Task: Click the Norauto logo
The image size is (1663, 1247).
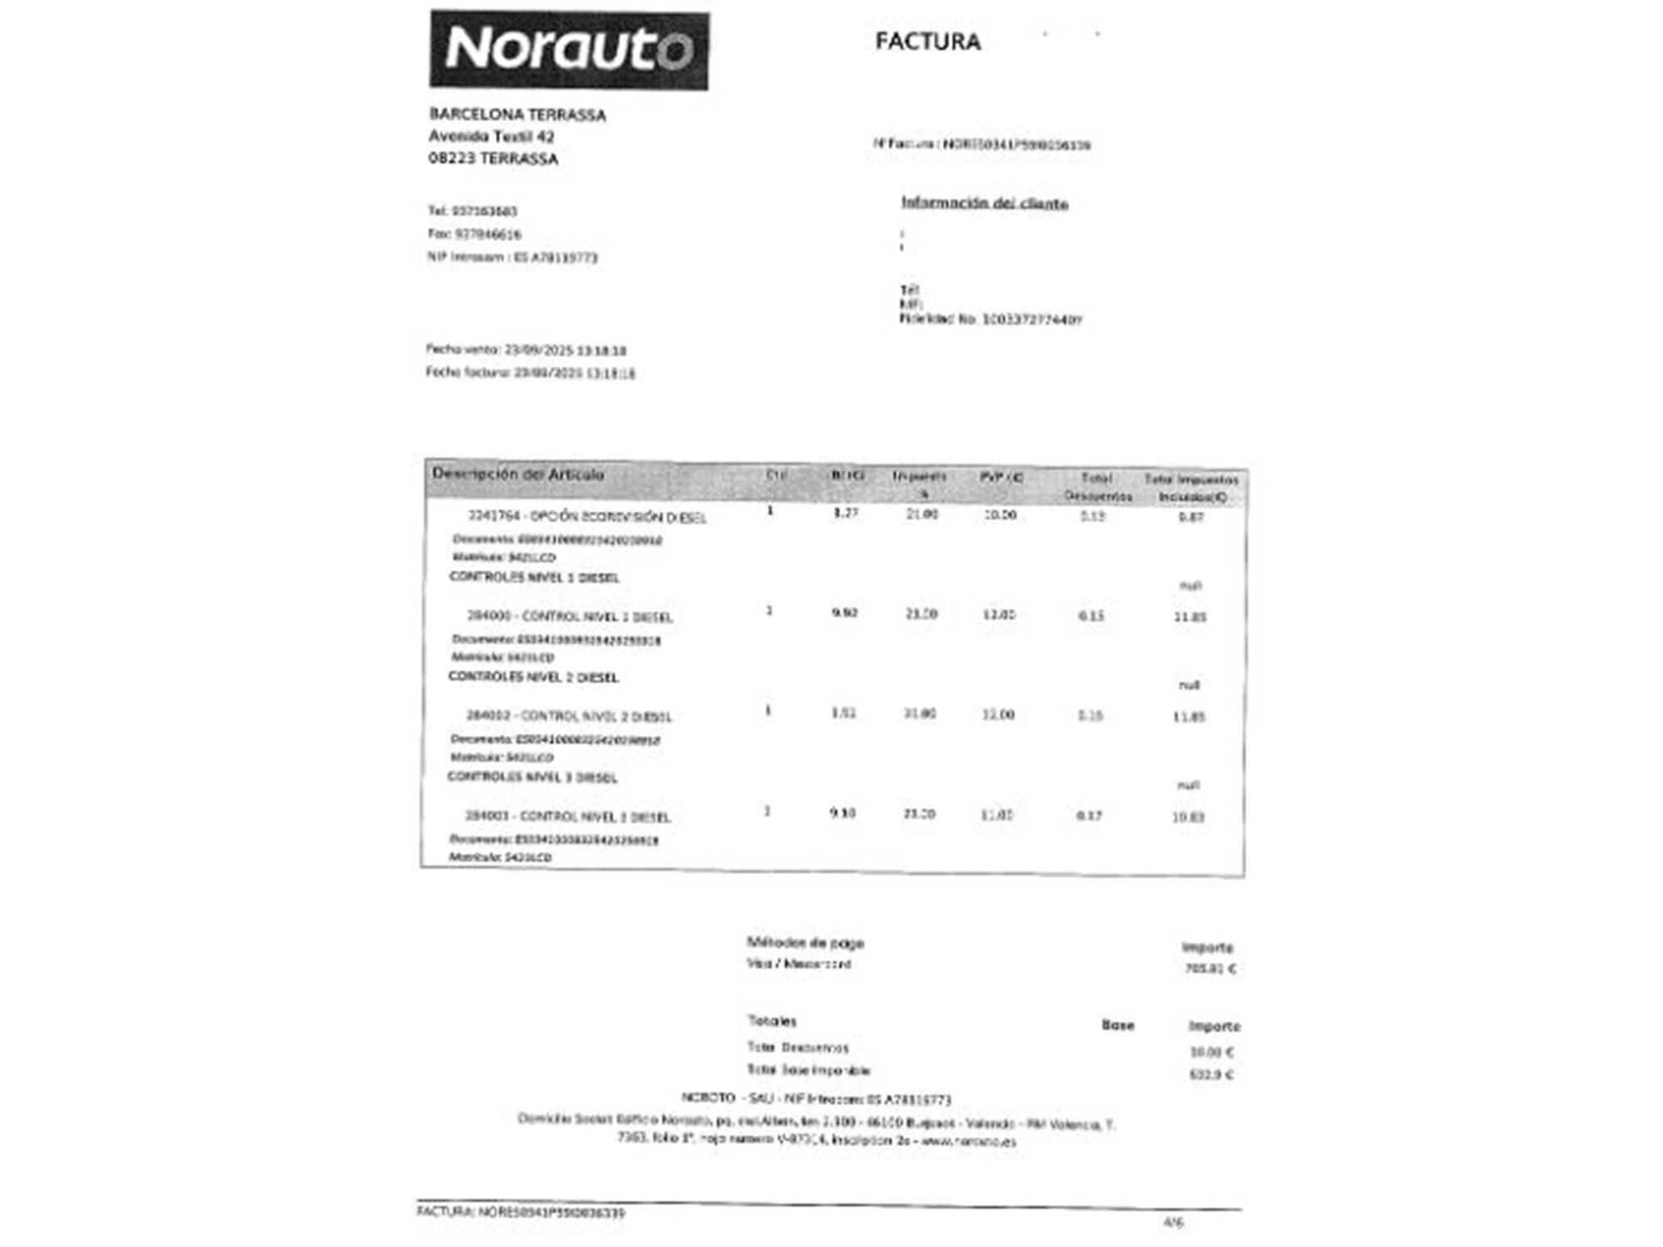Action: pos(569,50)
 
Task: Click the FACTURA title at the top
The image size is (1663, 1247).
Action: pos(927,42)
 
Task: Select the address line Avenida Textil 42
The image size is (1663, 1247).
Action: pos(491,136)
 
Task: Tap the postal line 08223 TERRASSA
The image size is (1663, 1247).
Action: pos(493,159)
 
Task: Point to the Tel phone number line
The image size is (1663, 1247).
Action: pos(472,211)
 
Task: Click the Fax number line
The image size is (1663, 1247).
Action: pos(474,234)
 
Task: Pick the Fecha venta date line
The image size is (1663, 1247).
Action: pos(526,350)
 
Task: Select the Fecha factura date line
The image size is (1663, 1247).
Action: pos(530,373)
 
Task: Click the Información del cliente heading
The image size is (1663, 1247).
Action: pos(984,204)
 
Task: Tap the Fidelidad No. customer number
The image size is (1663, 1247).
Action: pos(990,319)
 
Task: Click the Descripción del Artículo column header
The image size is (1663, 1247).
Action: pos(518,475)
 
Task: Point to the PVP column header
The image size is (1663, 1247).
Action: pos(1001,477)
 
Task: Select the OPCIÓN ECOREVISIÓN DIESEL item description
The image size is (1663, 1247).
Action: pos(587,517)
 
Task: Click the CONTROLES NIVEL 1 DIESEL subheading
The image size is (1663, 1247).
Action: pos(534,577)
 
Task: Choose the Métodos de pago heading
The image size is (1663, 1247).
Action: pos(805,943)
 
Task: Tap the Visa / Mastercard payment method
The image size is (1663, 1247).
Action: pos(798,964)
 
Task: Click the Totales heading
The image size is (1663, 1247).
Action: pos(772,1021)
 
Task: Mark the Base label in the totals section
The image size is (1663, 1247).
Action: pos(1118,1025)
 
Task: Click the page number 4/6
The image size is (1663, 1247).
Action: pos(1173,1222)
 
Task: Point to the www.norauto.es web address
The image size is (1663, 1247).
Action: pos(969,1141)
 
